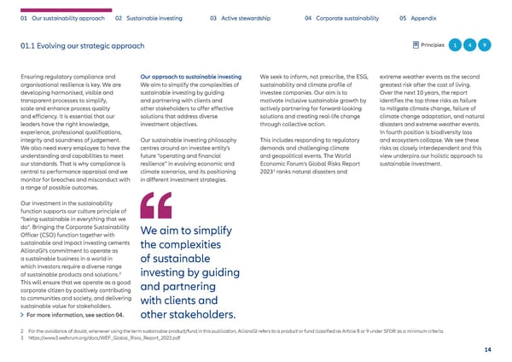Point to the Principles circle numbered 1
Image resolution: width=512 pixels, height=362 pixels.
(457, 44)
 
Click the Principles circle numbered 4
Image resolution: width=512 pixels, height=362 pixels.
(470, 44)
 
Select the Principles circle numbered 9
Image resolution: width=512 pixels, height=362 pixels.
(485, 44)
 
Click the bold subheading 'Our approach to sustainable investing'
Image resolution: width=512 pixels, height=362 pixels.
(191, 78)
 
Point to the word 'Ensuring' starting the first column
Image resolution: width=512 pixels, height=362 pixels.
(30, 78)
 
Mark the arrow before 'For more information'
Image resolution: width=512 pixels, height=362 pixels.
(20, 314)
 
